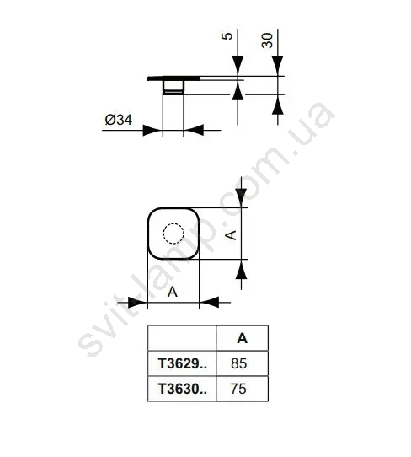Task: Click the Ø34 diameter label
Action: [x=119, y=120]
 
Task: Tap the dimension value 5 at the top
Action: [x=227, y=36]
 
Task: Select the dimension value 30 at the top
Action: [x=267, y=40]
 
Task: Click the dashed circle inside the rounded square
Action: [x=173, y=234]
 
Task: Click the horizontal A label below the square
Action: [x=173, y=292]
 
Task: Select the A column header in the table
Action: [x=243, y=338]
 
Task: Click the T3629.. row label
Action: [x=183, y=363]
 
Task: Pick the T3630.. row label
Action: [x=183, y=389]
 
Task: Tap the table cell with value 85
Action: [x=243, y=363]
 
